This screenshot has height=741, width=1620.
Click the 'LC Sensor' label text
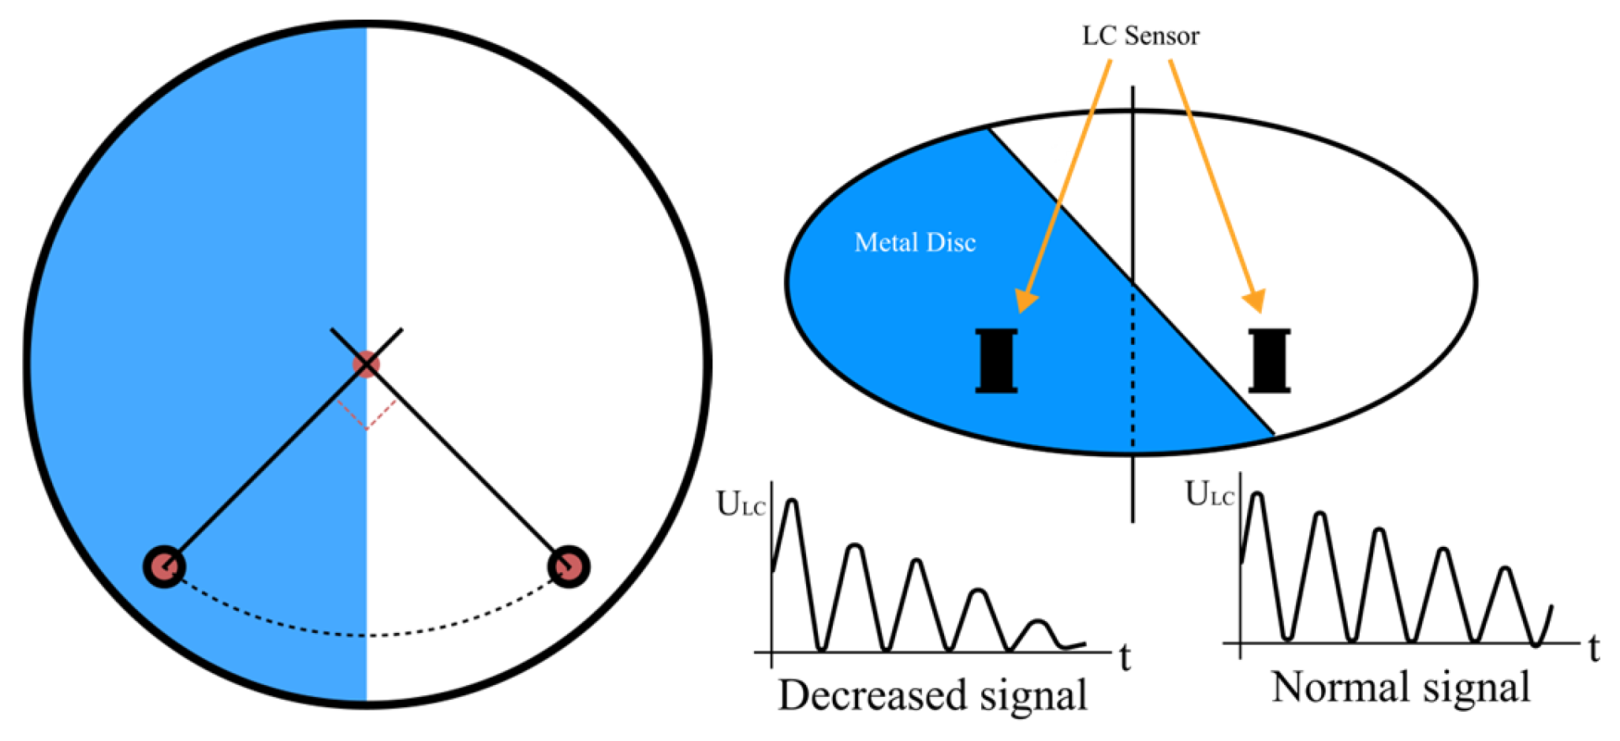(x=1140, y=36)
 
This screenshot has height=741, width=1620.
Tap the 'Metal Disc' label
(x=915, y=242)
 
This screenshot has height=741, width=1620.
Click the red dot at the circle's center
(x=366, y=364)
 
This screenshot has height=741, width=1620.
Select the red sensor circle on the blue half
(x=164, y=566)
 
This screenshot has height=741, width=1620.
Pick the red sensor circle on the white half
(x=569, y=567)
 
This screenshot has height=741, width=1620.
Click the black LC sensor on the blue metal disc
(x=996, y=361)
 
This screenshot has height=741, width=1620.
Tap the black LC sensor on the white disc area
(x=1269, y=361)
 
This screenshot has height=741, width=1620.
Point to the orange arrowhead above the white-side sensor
(x=1255, y=301)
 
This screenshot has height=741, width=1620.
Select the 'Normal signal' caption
(x=1400, y=687)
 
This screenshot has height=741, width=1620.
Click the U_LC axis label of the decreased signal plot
(x=740, y=504)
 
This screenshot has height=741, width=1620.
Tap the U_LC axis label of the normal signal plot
(x=1209, y=494)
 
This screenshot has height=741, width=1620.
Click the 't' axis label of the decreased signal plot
(x=1125, y=657)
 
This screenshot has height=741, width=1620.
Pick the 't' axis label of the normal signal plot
(x=1594, y=649)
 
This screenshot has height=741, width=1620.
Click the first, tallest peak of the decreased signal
(x=793, y=502)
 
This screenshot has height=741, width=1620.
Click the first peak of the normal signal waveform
(x=1257, y=495)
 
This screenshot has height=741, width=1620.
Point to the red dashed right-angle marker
(x=367, y=415)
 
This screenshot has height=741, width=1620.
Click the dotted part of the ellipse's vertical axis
(x=1133, y=371)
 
